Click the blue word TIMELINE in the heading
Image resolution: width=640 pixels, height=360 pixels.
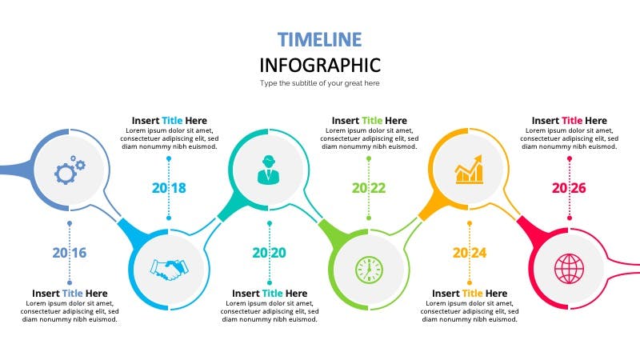point(319,39)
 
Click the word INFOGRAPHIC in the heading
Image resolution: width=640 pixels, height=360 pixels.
point(320,66)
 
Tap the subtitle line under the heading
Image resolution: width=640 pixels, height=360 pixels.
point(319,83)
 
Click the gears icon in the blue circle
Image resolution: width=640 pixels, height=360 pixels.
point(70,170)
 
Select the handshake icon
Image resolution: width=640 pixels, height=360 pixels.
point(169,270)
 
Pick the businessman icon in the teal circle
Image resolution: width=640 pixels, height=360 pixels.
point(269,170)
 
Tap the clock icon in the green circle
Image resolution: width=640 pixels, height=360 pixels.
point(369,270)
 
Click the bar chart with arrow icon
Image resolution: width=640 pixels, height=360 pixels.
point(469,170)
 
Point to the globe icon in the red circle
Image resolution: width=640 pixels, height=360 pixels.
point(569,269)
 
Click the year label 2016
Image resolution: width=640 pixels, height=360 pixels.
point(70,253)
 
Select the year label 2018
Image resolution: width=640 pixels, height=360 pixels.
point(169,188)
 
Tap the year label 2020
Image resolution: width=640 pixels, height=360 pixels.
point(269,253)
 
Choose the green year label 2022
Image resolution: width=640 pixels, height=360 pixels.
point(369,188)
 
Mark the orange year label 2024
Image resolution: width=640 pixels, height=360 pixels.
point(470,253)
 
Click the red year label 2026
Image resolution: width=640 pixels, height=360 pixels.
point(569,188)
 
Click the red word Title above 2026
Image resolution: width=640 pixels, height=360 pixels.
point(572,121)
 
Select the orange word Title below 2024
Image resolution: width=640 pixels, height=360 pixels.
point(472,294)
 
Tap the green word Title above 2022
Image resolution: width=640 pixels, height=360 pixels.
point(372,121)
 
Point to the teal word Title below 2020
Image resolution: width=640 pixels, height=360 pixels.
point(272,294)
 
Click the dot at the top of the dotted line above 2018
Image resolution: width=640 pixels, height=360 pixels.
point(169,158)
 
